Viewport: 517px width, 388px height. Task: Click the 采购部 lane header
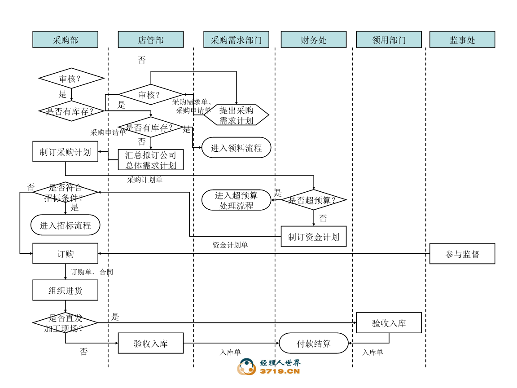click(x=65, y=40)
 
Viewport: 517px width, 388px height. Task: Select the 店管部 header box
click(x=151, y=40)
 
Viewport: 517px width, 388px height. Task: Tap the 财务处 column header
click(x=314, y=40)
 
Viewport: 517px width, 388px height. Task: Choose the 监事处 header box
click(x=462, y=40)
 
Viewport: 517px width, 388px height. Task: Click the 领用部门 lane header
click(x=389, y=40)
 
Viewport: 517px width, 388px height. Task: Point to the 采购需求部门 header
click(x=236, y=40)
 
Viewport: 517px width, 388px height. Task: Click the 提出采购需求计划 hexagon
click(x=237, y=115)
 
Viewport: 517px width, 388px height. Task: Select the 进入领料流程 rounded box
click(x=236, y=148)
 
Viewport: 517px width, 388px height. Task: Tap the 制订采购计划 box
click(x=65, y=152)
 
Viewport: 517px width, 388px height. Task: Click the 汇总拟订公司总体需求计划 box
click(x=151, y=160)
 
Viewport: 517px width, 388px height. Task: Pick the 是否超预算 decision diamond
click(x=314, y=200)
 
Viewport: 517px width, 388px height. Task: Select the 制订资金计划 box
click(x=314, y=237)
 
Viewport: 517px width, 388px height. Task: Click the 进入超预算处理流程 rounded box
click(x=237, y=200)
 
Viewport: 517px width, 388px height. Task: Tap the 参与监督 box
click(x=462, y=254)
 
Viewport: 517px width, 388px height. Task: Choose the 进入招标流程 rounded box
click(x=65, y=225)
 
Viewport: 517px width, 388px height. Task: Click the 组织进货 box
click(x=65, y=290)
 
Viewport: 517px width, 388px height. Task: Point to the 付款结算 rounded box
click(x=314, y=344)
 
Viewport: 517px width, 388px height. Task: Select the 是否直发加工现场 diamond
click(x=65, y=323)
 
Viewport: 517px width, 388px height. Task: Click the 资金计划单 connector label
click(x=230, y=245)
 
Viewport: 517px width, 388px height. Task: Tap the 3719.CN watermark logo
click(x=269, y=367)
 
